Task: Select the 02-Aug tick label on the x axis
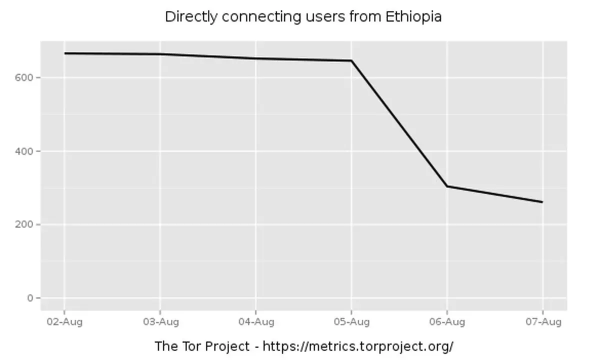click(x=64, y=322)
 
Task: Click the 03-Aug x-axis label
click(x=160, y=322)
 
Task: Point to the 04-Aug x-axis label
click(x=255, y=322)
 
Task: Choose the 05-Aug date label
click(x=351, y=322)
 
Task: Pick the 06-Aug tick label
click(x=446, y=322)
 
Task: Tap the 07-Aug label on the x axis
click(x=542, y=322)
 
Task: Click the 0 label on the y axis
click(x=31, y=298)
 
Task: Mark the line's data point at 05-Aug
click(x=351, y=60)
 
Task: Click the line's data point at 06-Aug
click(x=447, y=186)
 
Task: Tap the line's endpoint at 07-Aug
click(x=542, y=202)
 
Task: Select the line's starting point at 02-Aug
click(x=64, y=53)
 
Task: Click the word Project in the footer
click(x=224, y=346)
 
